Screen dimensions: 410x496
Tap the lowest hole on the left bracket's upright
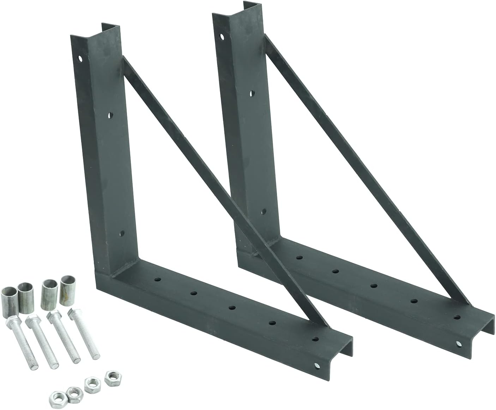[x=122, y=233]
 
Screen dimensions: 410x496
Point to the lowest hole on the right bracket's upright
[x=263, y=212]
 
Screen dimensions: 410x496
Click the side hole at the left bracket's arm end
[x=316, y=365]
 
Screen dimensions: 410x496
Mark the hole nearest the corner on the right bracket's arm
[x=299, y=258]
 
